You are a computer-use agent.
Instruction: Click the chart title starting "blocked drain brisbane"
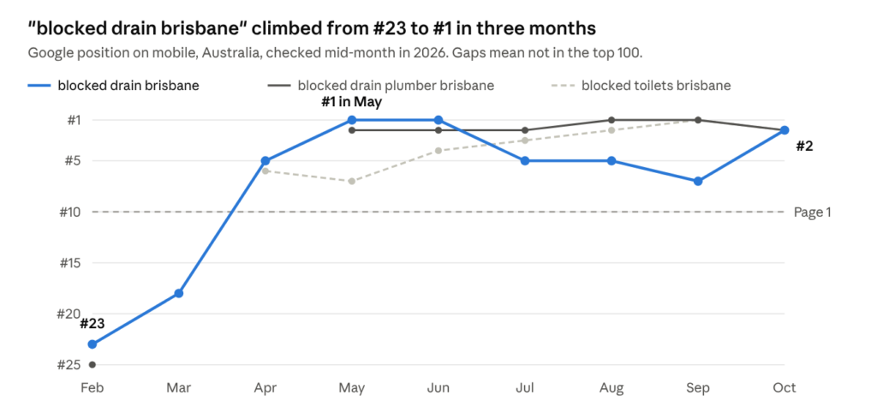click(x=311, y=29)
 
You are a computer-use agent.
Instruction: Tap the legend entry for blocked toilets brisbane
click(x=641, y=86)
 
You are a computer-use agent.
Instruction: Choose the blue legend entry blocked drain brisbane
click(x=114, y=86)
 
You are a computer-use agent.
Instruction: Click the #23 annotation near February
click(x=92, y=323)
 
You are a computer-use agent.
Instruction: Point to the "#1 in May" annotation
click(x=351, y=102)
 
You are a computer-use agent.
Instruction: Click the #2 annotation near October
click(x=804, y=147)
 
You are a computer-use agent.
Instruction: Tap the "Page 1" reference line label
click(x=812, y=212)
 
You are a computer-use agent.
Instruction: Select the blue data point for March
click(x=178, y=293)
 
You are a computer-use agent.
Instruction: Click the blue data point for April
click(x=265, y=160)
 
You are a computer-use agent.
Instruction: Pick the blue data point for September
click(x=698, y=182)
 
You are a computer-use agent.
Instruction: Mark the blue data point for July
click(x=525, y=160)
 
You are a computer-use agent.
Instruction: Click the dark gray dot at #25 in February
click(x=92, y=365)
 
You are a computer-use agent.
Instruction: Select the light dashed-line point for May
click(x=351, y=182)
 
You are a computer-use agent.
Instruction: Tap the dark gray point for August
click(x=612, y=120)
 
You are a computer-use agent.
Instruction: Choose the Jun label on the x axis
click(x=438, y=387)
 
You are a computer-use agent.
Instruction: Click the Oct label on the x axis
click(x=785, y=387)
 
